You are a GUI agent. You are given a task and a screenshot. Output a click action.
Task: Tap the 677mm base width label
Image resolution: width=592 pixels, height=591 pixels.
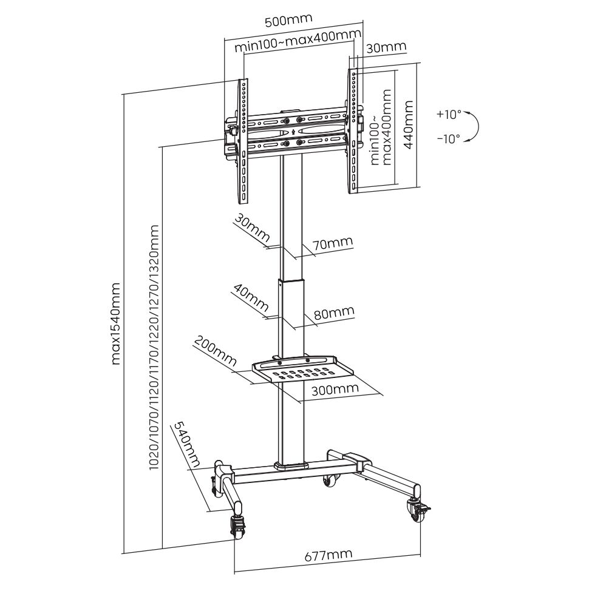point(328,555)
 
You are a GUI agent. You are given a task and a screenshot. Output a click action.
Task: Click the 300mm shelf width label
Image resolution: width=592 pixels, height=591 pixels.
point(335,389)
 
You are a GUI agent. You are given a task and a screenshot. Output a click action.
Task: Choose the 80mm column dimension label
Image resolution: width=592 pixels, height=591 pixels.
point(334,312)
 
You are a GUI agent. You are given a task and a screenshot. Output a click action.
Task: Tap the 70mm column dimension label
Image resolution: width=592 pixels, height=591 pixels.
point(332,243)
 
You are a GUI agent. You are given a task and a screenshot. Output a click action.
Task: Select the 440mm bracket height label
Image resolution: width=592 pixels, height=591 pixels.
point(409,125)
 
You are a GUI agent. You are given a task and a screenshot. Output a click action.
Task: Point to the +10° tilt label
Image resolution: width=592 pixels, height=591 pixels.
point(449,114)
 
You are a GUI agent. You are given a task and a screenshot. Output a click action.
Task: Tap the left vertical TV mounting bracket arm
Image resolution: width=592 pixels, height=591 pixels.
point(243,141)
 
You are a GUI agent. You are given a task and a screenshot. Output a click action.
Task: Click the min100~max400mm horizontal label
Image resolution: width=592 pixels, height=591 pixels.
point(298,41)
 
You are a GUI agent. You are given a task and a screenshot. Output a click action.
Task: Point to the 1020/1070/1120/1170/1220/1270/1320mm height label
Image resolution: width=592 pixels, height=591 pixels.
point(154,348)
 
